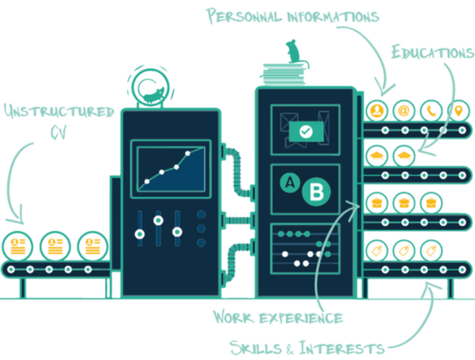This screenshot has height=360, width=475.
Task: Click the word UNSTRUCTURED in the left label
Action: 58,112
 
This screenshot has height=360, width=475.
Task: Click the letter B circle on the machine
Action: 315,192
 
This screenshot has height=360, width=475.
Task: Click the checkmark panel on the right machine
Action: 305,132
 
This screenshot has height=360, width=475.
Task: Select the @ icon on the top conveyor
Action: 403,112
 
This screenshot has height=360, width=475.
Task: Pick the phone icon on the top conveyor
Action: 430,112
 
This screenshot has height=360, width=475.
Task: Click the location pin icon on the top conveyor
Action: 458,112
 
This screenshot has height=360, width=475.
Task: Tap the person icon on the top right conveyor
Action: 376,112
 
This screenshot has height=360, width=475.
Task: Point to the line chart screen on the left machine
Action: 170,167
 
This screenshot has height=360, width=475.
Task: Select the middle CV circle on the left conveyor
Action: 55,245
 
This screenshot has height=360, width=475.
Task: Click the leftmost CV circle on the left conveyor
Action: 18,245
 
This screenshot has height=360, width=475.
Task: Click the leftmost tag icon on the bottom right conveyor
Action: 376,251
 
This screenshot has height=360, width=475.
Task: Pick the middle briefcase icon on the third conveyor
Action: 403,201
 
